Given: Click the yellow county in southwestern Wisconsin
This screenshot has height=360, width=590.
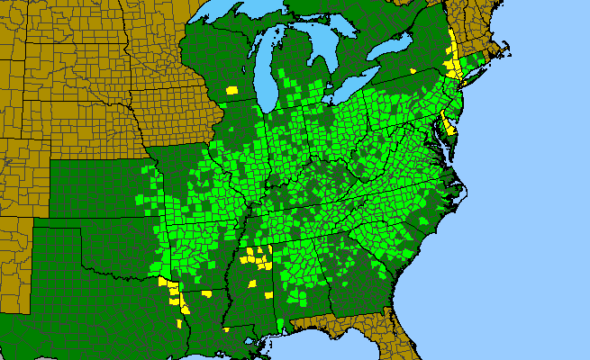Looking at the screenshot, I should pos(232,90).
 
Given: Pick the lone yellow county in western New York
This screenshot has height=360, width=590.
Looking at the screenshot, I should pos(413,70).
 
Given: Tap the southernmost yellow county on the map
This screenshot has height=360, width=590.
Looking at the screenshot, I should pos(228,328).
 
